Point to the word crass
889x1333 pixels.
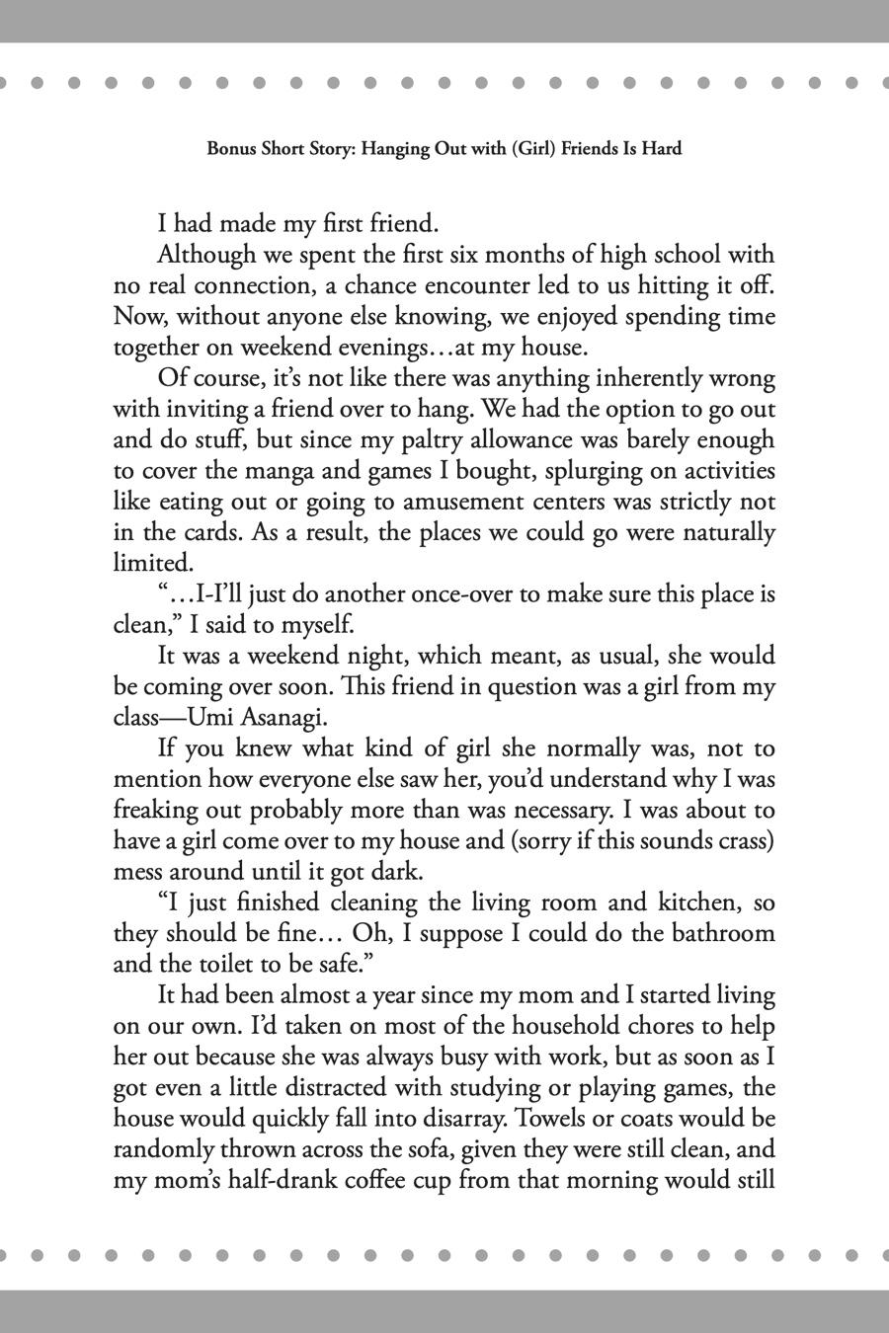click(x=740, y=841)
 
